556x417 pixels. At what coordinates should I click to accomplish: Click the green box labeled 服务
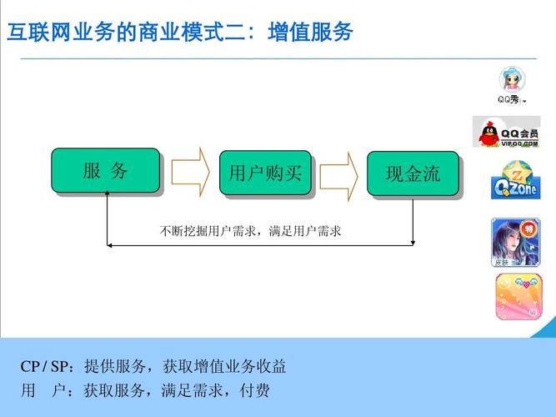pos(105,171)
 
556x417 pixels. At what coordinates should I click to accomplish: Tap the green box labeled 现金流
pos(413,173)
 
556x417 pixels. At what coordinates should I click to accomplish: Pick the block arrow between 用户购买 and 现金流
pos(338,174)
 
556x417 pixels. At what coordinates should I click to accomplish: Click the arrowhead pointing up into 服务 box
pos(108,197)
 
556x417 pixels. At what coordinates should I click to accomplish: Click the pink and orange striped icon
pos(517,297)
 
